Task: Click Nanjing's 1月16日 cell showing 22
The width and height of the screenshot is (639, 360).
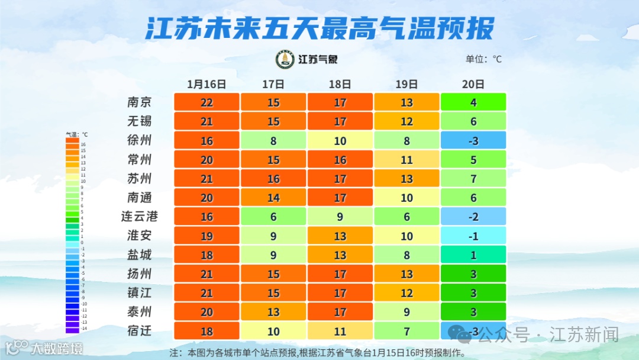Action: (206, 102)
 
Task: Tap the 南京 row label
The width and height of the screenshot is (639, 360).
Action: (140, 102)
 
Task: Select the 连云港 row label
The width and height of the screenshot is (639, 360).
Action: (140, 216)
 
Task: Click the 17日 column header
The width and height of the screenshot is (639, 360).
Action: (273, 84)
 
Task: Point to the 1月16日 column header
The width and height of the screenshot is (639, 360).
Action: (206, 84)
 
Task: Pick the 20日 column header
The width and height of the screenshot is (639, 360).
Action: (473, 84)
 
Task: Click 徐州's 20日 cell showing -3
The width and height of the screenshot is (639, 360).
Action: (473, 140)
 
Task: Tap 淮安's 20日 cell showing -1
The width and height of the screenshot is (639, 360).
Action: (473, 236)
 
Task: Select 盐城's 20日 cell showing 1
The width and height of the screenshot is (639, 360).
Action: (473, 255)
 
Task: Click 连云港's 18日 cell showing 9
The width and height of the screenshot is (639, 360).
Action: (340, 217)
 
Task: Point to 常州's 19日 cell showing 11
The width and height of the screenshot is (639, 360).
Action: (406, 159)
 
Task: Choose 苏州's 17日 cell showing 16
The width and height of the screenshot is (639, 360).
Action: (273, 178)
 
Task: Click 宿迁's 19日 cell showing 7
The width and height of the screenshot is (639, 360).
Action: (406, 331)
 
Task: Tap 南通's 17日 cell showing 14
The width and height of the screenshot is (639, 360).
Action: (273, 198)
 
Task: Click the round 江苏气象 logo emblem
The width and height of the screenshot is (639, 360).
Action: (285, 59)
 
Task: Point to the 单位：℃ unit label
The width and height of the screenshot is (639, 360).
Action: (483, 59)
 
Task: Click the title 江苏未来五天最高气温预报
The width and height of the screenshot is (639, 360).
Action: (319, 27)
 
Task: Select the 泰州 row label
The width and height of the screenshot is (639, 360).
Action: (140, 311)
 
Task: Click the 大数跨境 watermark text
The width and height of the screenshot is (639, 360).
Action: (57, 348)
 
